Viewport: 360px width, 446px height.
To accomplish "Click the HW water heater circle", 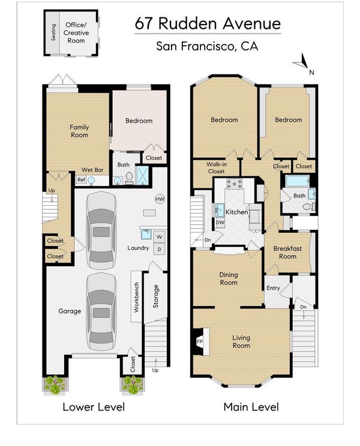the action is [x=160, y=199].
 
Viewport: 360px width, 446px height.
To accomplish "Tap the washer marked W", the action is [x=159, y=237].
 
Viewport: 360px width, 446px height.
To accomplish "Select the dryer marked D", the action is [x=159, y=249].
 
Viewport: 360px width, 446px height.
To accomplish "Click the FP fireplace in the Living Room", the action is [x=200, y=342].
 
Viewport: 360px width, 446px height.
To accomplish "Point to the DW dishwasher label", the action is [x=220, y=223].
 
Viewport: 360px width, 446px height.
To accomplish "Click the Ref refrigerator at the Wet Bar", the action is [x=81, y=179].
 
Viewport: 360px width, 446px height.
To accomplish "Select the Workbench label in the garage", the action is [x=136, y=297].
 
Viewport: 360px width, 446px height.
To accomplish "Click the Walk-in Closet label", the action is [x=217, y=168].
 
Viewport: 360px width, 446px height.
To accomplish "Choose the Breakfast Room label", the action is [x=287, y=252].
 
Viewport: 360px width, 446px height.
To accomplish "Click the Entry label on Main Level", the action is [x=273, y=288].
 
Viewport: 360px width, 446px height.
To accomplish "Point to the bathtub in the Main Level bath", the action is [x=298, y=181].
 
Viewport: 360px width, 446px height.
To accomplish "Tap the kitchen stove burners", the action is [x=235, y=184].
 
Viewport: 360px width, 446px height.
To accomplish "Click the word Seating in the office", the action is [x=53, y=32].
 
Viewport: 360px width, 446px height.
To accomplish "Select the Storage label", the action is [x=156, y=297].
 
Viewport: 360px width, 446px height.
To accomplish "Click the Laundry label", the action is [x=138, y=248].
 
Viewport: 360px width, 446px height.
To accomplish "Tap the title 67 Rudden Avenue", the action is [x=208, y=23].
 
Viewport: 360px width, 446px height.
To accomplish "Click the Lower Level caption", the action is [x=94, y=407].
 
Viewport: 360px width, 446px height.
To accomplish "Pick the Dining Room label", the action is [x=229, y=279].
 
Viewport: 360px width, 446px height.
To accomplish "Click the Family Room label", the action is [x=79, y=131].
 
